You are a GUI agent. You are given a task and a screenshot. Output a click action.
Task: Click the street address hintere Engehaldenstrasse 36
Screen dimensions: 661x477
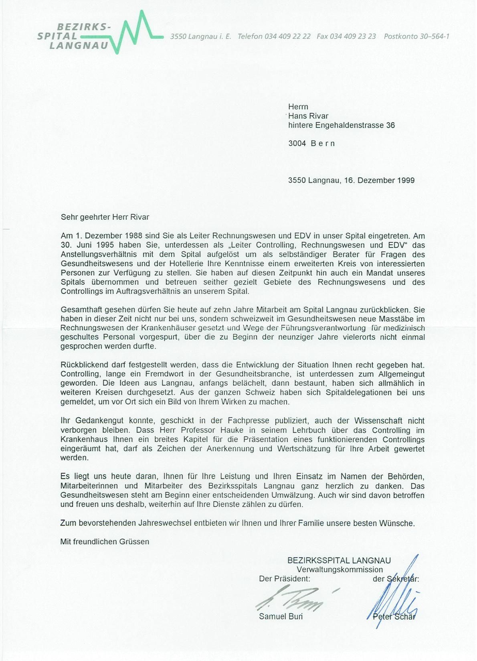click(342, 125)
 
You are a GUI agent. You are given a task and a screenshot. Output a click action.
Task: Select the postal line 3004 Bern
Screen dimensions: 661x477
click(311, 143)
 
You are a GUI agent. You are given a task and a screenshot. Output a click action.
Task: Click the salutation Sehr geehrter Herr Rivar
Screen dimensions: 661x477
click(105, 217)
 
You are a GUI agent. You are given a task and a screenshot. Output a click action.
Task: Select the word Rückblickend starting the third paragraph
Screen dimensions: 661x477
click(83, 365)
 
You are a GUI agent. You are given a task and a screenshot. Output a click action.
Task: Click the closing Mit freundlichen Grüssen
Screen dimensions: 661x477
click(105, 541)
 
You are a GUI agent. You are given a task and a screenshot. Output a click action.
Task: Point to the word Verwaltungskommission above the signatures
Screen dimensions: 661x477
click(340, 570)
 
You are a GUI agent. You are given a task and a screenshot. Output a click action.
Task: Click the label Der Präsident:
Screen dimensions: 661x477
click(285, 579)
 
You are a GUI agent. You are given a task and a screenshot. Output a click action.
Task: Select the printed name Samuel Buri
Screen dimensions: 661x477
click(281, 616)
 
